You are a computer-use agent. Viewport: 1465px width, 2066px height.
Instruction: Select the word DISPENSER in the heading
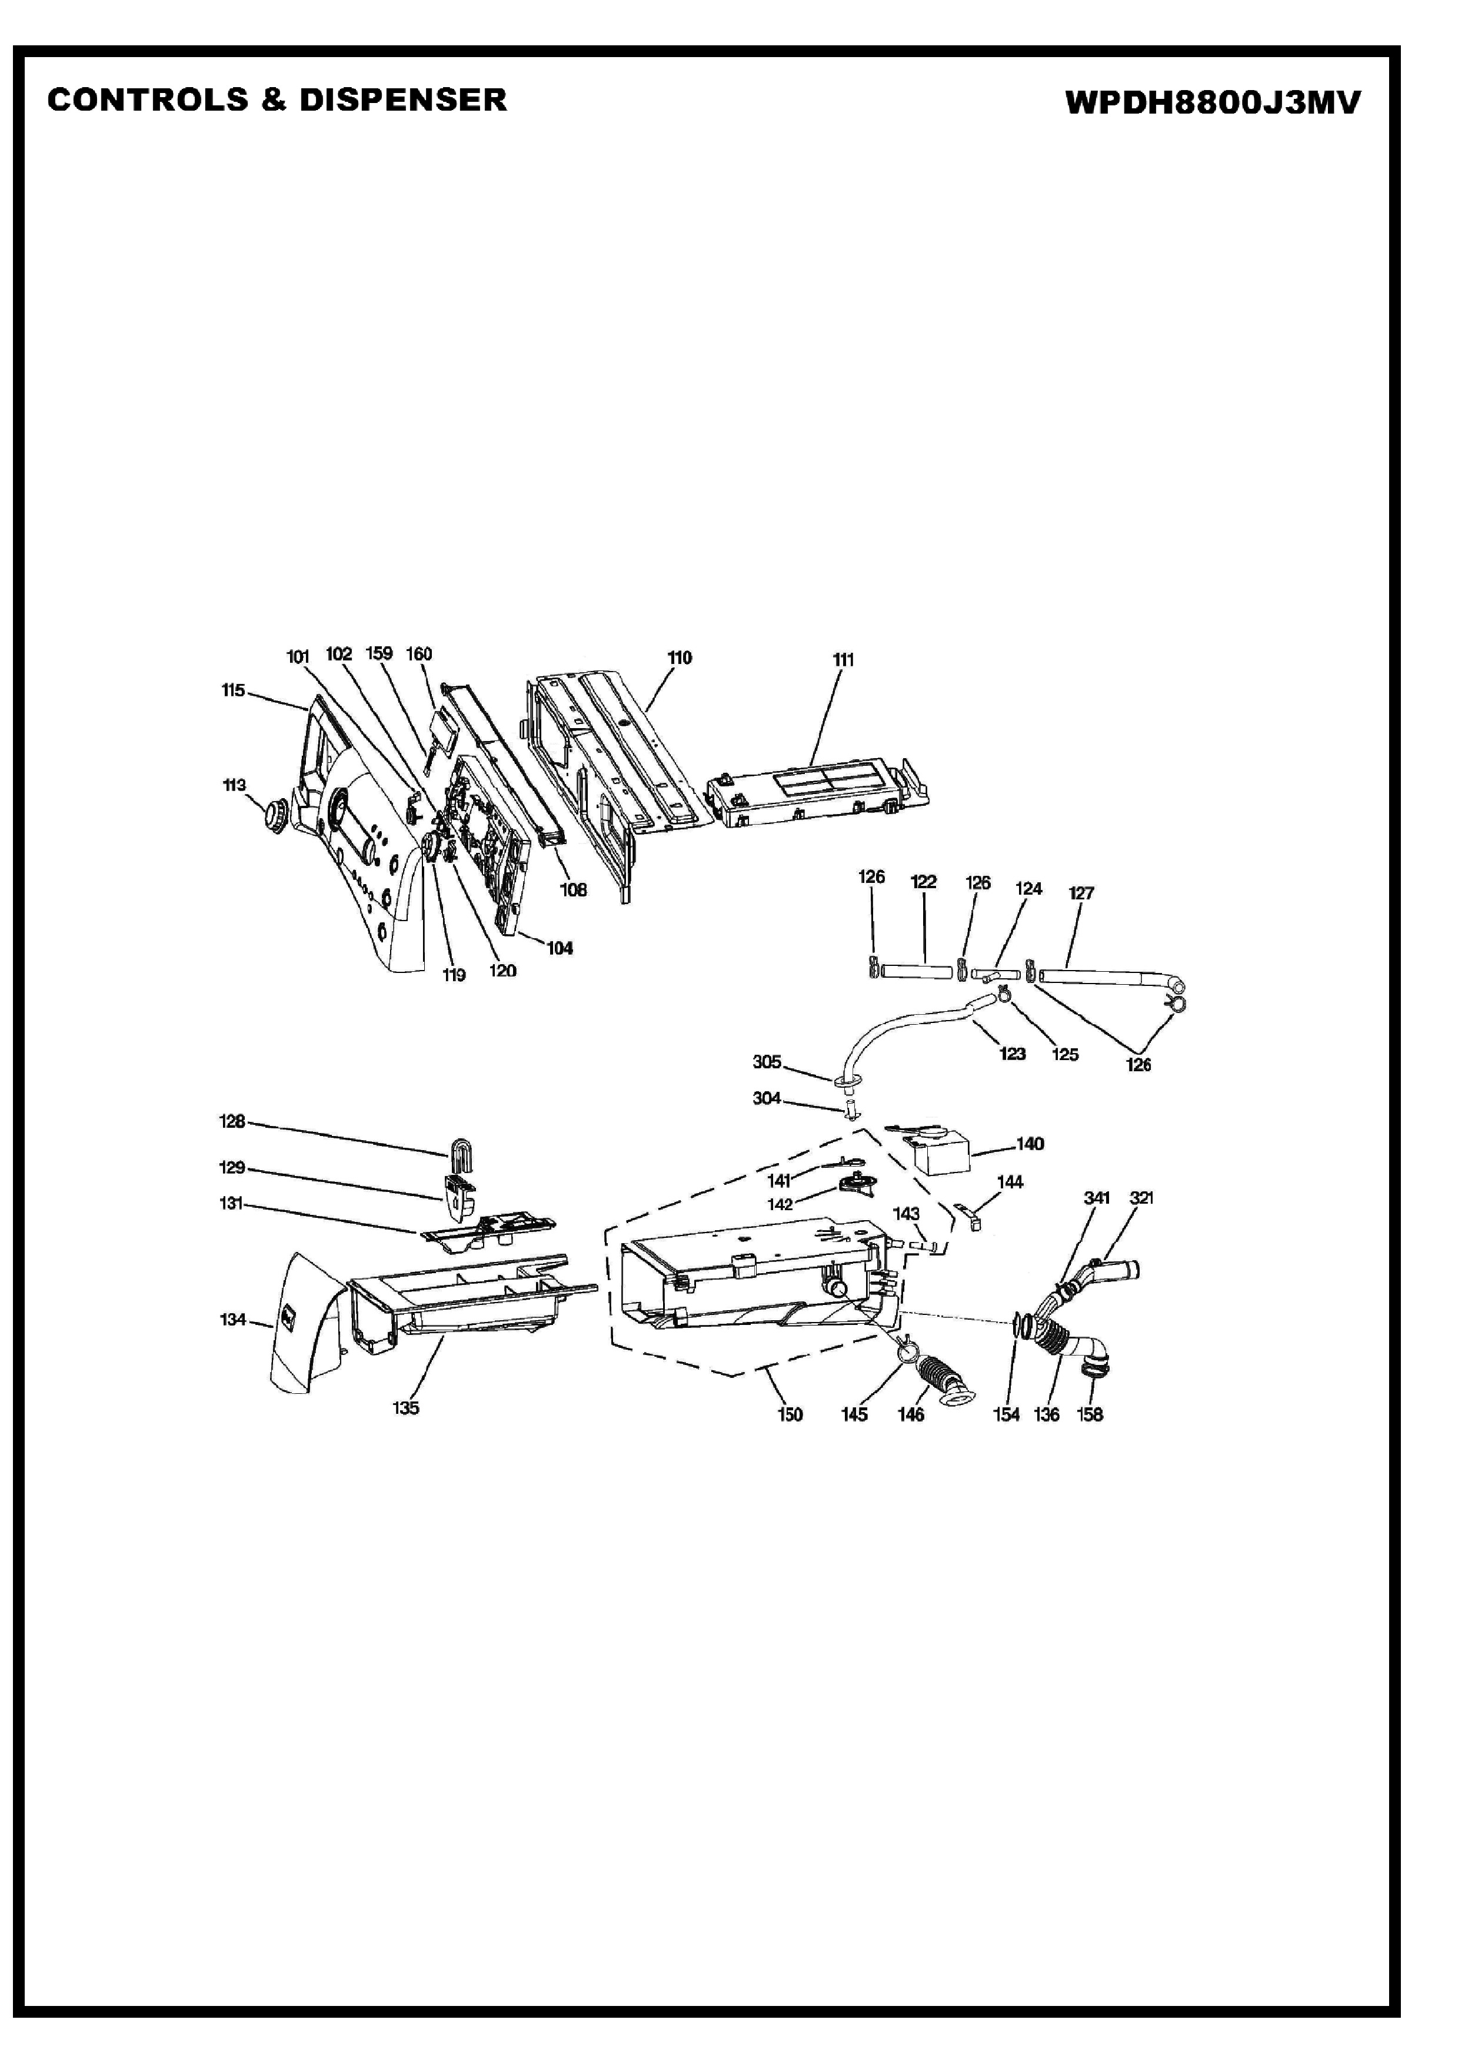[x=402, y=99]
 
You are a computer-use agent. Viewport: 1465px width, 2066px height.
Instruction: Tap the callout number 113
[x=235, y=785]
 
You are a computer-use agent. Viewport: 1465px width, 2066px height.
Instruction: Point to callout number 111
[x=843, y=660]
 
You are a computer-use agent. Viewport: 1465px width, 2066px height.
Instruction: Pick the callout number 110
[x=680, y=658]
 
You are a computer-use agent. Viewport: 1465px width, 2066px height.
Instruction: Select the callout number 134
[x=233, y=1320]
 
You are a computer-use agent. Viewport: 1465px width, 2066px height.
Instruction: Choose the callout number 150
[x=790, y=1414]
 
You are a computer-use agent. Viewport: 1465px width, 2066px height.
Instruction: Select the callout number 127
[x=1081, y=893]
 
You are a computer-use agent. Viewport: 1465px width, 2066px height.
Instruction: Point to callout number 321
[x=1141, y=1198]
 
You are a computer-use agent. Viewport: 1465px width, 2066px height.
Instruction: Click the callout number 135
[x=406, y=1407]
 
